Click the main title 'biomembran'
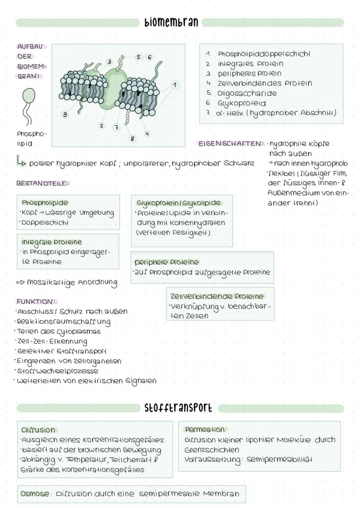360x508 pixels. coord(171,22)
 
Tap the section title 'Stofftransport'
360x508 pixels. coord(178,408)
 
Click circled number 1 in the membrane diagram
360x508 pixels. coord(175,85)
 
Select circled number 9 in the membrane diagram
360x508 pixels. coord(65,114)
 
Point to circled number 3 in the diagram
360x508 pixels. coord(110,62)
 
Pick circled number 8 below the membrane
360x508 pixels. coord(132,139)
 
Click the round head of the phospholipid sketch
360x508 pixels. coord(29,96)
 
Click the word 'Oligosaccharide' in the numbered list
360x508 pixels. coord(247,93)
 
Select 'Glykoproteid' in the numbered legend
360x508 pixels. coord(242,104)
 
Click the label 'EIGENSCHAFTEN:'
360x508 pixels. coord(231,143)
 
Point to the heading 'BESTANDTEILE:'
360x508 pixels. coord(43,183)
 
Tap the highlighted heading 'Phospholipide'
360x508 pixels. coord(45,203)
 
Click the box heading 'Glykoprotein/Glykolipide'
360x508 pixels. coord(179,203)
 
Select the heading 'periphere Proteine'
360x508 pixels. coord(167,262)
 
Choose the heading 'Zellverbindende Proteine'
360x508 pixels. coord(217,296)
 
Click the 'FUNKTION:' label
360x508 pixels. coord(36,302)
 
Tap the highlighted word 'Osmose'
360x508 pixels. coord(35,493)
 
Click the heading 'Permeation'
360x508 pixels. coord(205,430)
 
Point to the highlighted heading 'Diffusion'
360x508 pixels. coord(38,430)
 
